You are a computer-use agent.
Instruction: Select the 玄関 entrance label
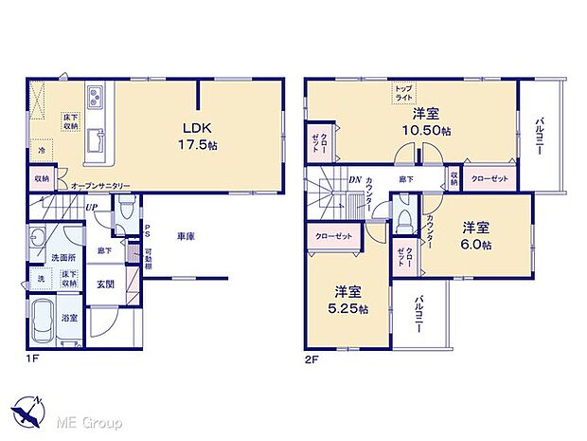pyautogui.click(x=105, y=285)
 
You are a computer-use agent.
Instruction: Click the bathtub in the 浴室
pyautogui.click(x=43, y=322)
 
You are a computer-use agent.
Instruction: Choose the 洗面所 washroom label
pyautogui.click(x=63, y=257)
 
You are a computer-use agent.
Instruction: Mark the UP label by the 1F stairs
pyautogui.click(x=90, y=208)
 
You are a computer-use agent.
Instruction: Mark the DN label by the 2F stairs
pyautogui.click(x=354, y=180)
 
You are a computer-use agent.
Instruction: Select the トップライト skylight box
pyautogui.click(x=405, y=94)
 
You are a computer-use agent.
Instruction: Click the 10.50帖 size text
pyautogui.click(x=418, y=131)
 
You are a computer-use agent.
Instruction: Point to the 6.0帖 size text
pyautogui.click(x=476, y=244)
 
